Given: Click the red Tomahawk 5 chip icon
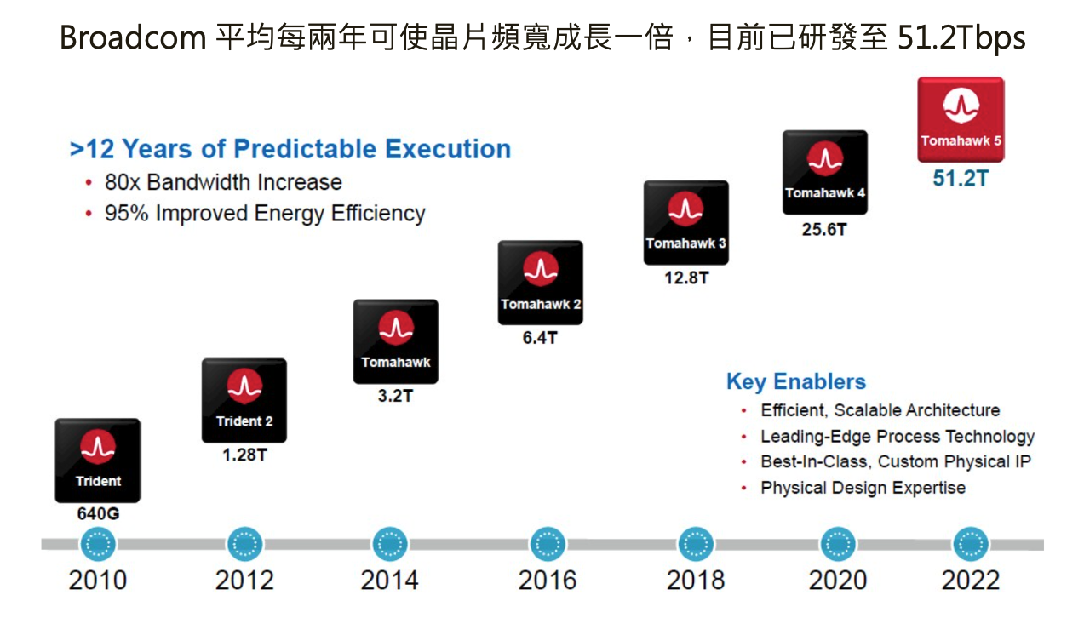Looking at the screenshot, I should pos(960,119).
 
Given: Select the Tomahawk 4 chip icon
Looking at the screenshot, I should pos(824,172).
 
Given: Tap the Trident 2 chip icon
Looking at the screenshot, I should pos(244,400).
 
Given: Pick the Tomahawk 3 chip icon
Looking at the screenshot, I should pos(685,222).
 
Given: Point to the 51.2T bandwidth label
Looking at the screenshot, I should pos(961,179).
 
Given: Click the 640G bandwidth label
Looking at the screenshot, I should pos(99,515).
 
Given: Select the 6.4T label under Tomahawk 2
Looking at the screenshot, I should pos(540,337).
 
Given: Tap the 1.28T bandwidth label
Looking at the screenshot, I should pos(244,455).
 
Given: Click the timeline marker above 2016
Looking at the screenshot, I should pos(548,544).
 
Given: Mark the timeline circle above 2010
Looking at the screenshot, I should pos(99,544).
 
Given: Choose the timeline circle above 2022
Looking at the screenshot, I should pos(970,544).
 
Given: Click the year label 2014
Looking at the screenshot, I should pos(389,581).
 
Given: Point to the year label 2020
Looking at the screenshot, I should pos(838,581).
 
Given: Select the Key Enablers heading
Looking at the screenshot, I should pos(795,381).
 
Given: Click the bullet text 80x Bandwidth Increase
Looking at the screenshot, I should pos(223,182).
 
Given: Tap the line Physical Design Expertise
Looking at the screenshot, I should pos(863,488).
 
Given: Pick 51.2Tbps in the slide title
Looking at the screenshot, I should pos(961,38).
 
